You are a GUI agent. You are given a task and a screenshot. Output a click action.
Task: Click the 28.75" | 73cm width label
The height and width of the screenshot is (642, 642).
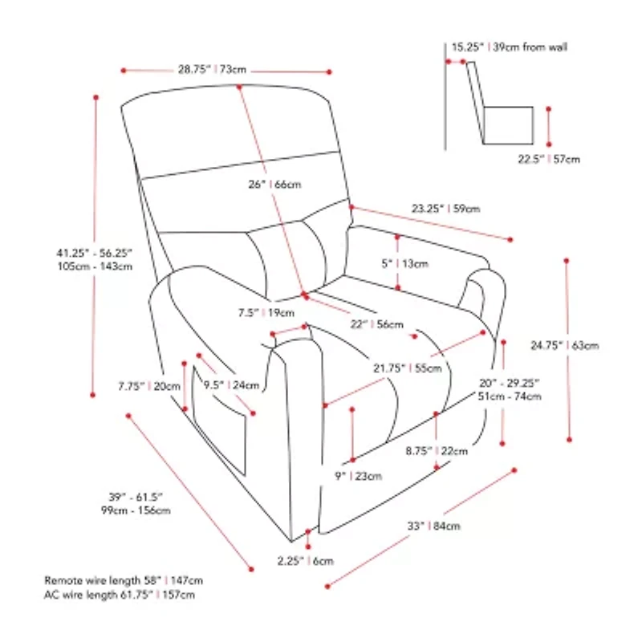click(x=212, y=70)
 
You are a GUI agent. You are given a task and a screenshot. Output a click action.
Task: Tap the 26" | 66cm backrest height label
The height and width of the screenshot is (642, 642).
click(x=274, y=185)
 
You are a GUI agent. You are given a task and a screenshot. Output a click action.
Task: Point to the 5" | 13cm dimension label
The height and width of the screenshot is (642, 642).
click(x=415, y=263)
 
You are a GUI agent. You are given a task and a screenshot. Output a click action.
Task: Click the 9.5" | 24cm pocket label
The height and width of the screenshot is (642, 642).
click(x=233, y=385)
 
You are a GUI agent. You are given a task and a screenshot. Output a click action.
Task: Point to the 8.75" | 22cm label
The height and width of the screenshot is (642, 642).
click(x=447, y=451)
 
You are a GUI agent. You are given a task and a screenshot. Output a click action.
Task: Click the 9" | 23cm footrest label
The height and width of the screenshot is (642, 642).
click(x=359, y=476)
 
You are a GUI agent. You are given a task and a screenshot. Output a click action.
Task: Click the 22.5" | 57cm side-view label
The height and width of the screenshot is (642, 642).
click(x=548, y=159)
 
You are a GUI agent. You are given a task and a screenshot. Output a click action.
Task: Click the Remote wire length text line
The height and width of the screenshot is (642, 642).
click(x=124, y=579)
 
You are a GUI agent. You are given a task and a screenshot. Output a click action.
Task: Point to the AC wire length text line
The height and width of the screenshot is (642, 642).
click(x=120, y=595)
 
